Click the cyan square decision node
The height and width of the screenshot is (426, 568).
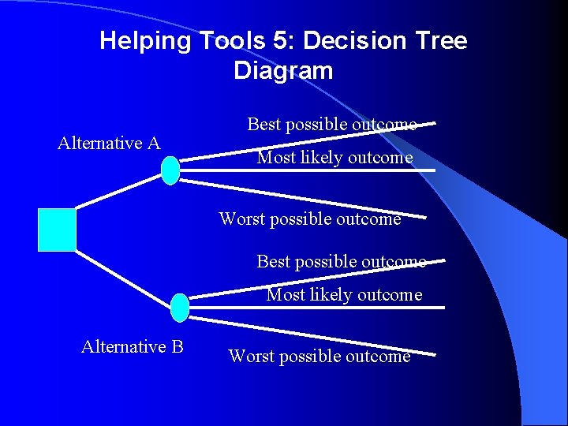tap(57, 230)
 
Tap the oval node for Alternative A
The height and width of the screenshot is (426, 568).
tap(170, 170)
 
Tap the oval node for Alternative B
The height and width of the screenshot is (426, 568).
tap(180, 308)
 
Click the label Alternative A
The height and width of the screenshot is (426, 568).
tap(109, 143)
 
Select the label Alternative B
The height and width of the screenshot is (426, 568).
tap(132, 346)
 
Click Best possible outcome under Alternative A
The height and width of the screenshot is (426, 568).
tap(331, 125)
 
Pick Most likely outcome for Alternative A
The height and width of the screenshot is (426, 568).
tap(334, 158)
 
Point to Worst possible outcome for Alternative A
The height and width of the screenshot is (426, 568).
tap(310, 219)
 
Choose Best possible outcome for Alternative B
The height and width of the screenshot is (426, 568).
tap(341, 261)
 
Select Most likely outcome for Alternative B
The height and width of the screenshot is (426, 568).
tap(344, 295)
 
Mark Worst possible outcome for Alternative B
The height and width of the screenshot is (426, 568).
tap(319, 356)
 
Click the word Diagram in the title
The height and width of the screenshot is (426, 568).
tap(283, 71)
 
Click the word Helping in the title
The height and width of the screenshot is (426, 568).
tap(145, 41)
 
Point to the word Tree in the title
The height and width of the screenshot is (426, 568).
tap(434, 41)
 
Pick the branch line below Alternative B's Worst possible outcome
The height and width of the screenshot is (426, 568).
tap(316, 336)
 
